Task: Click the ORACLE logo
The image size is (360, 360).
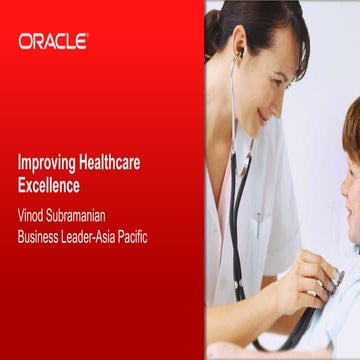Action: click(53, 41)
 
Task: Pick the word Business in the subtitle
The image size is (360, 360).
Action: click(41, 237)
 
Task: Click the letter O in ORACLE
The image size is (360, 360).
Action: click(25, 41)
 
